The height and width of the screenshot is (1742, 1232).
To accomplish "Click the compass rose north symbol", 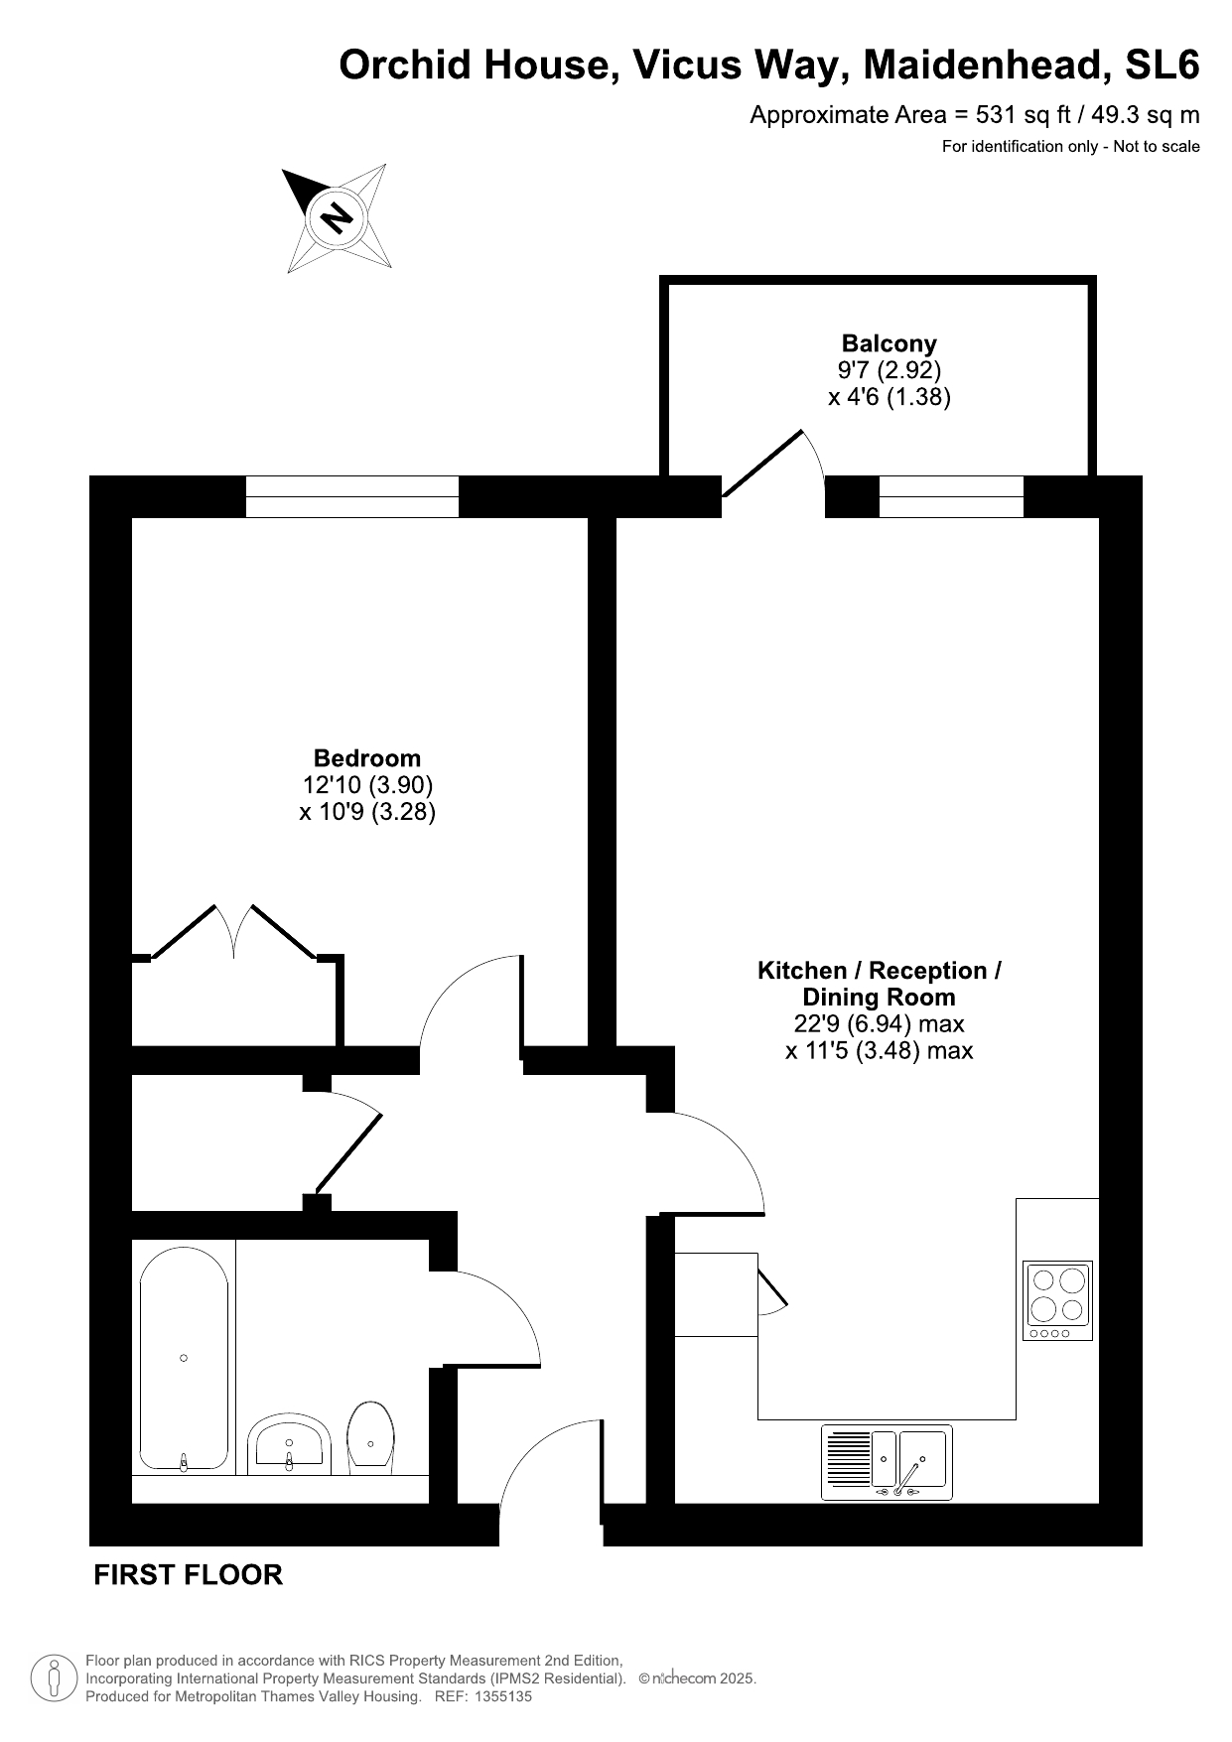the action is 338,216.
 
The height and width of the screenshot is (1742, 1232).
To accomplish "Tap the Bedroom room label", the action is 367,758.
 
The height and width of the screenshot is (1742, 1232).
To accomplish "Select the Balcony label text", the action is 890,343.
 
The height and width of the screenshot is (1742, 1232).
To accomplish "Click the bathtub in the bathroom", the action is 184,1358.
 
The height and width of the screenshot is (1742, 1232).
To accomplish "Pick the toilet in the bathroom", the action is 371,1435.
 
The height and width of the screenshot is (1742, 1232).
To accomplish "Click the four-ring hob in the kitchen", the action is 1057,1300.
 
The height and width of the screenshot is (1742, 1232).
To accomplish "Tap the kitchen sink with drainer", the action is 887,1462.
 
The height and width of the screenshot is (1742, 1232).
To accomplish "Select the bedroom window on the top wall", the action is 352,496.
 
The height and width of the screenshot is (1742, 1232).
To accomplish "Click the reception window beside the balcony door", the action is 951,496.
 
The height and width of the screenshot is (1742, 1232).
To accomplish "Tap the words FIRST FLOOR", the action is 188,1575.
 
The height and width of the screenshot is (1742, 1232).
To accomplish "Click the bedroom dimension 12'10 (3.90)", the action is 367,785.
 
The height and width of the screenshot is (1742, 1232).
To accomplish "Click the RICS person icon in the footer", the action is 55,1677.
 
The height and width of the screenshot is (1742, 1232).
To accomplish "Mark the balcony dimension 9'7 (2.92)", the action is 890,370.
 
